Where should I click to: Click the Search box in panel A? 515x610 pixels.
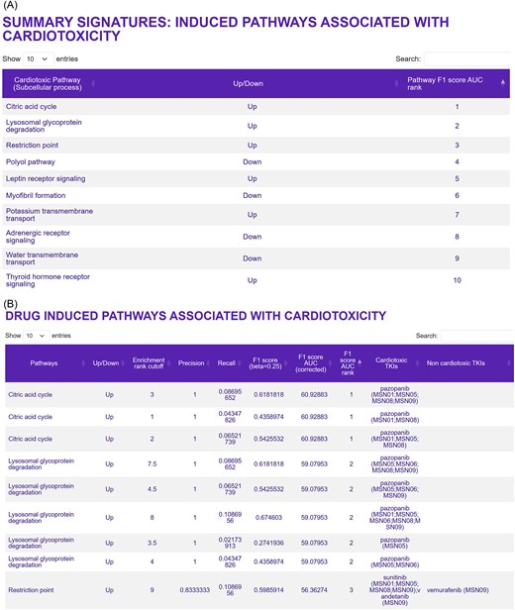pyautogui.click(x=466, y=59)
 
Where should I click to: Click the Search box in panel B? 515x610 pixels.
pyautogui.click(x=475, y=336)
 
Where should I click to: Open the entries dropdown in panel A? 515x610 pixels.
pyautogui.click(x=38, y=59)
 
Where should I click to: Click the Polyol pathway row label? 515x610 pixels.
pyautogui.click(x=32, y=161)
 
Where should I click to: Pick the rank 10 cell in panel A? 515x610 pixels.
pyautogui.click(x=457, y=280)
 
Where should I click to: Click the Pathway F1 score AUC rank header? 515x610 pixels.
pyautogui.click(x=457, y=83)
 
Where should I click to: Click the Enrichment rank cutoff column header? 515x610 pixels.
pyautogui.click(x=150, y=363)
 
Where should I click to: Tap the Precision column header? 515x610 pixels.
pyautogui.click(x=191, y=363)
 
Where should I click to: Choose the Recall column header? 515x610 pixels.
pyautogui.click(x=227, y=363)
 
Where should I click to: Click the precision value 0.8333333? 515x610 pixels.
pyautogui.click(x=192, y=589)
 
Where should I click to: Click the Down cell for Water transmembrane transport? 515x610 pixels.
pyautogui.click(x=252, y=258)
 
